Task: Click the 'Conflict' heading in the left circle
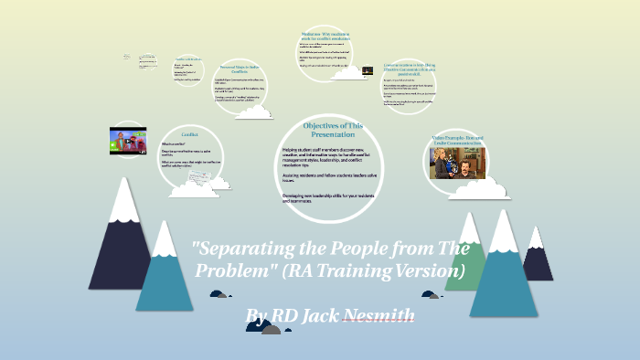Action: [189, 134]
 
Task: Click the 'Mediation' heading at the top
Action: [326, 37]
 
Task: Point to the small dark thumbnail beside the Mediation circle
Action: [368, 70]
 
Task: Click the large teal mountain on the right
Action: [504, 270]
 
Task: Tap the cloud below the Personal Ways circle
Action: [253, 112]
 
